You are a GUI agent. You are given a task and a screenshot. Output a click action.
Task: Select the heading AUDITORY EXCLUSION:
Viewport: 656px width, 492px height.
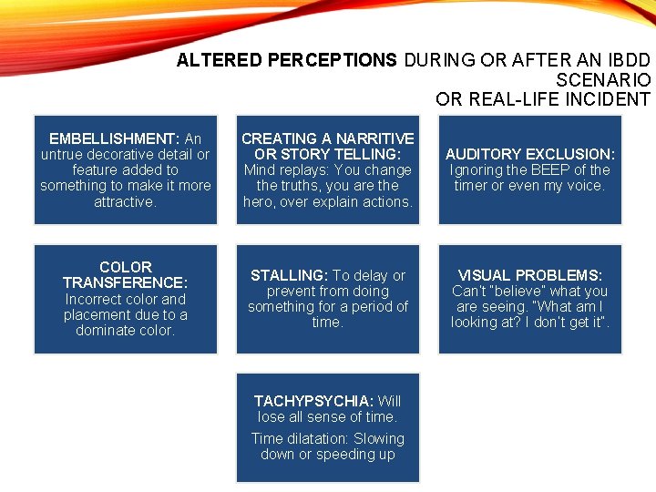[x=529, y=154]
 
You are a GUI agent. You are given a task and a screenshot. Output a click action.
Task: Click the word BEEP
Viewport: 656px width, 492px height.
[x=552, y=169]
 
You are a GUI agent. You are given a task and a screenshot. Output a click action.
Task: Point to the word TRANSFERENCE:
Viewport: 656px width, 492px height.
[x=125, y=282]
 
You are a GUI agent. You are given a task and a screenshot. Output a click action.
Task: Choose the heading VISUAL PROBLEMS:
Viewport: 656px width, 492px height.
[x=529, y=275]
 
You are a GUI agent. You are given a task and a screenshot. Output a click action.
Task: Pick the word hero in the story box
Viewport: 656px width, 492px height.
[x=258, y=200]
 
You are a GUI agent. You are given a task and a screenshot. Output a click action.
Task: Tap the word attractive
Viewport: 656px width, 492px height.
[x=124, y=200]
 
